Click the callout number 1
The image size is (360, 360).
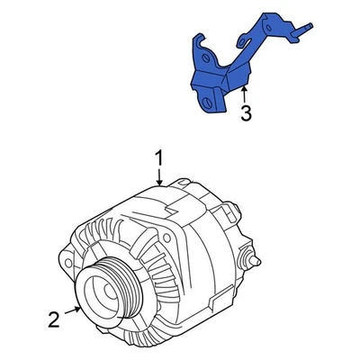[159, 158]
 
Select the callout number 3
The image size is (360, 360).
[245, 113]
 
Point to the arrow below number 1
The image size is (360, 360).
[159, 178]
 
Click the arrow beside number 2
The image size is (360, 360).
[77, 310]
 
